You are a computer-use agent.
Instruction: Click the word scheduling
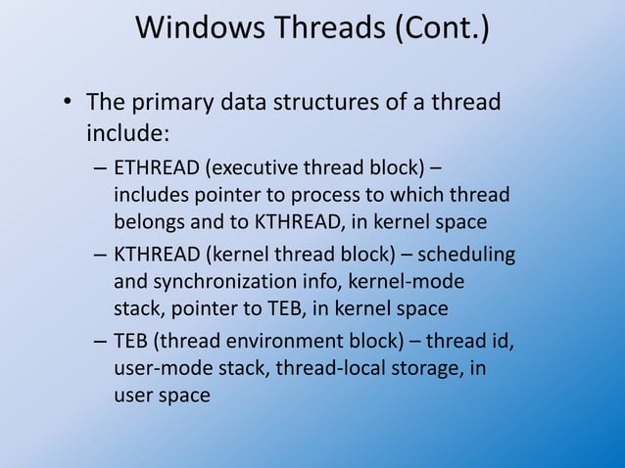(468, 256)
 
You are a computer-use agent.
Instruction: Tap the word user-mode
(157, 369)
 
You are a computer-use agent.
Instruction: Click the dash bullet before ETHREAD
(101, 167)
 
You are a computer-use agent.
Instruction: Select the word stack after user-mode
(236, 369)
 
